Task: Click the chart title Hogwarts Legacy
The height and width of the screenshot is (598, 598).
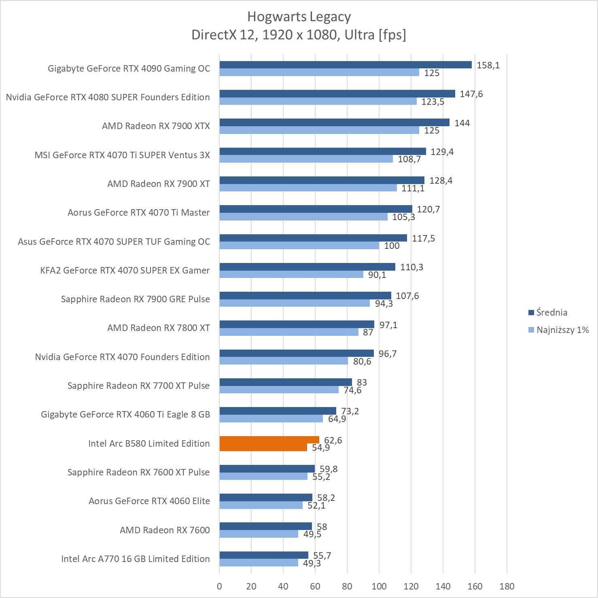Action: [x=299, y=17]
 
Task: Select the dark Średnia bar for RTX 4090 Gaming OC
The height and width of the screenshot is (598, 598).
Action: [x=346, y=65]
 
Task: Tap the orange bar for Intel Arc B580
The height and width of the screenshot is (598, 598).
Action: [x=269, y=440]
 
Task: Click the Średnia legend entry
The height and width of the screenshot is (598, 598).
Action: [x=551, y=312]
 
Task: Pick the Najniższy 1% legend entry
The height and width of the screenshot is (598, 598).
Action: [x=562, y=330]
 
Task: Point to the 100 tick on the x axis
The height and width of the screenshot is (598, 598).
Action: [x=379, y=586]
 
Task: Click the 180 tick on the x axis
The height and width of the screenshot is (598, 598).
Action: [x=507, y=586]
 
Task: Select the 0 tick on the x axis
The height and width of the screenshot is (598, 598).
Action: [x=219, y=586]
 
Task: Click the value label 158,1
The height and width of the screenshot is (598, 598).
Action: [x=488, y=65]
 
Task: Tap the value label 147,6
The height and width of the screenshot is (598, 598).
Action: [x=471, y=94]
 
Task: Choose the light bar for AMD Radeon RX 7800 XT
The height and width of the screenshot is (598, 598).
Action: [x=289, y=332]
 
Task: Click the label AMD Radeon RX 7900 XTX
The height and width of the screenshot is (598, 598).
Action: [x=156, y=126]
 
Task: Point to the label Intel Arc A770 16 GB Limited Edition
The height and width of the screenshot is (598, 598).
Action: [x=135, y=559]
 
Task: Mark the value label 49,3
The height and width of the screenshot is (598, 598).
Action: [x=312, y=563]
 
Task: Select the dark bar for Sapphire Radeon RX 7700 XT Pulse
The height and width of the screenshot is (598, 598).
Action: [x=286, y=382]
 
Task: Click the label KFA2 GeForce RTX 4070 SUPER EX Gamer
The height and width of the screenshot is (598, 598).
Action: [x=125, y=270]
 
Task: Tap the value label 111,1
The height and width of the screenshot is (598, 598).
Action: [x=413, y=188]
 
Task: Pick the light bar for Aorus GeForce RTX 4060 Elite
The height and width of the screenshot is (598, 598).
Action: [x=261, y=505]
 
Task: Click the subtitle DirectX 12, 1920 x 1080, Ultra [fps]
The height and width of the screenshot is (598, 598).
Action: [x=299, y=35]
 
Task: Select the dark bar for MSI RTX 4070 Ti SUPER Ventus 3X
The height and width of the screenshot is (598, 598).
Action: [x=322, y=151]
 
